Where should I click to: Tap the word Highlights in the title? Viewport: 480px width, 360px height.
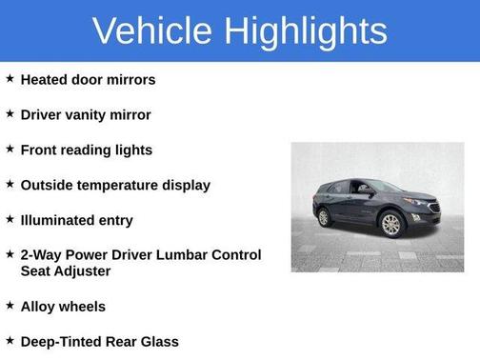(306, 31)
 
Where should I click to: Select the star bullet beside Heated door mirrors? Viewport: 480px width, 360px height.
(10, 79)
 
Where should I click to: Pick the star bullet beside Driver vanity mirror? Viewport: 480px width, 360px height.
(10, 114)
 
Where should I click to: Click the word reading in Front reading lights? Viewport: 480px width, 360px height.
(93, 150)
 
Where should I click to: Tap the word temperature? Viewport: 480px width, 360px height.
(123, 186)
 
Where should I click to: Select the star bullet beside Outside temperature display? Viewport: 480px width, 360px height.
(10, 185)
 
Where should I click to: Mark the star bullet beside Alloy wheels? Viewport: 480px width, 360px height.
(10, 306)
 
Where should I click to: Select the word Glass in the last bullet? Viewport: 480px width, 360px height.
(158, 342)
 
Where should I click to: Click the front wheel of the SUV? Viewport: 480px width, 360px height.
(390, 226)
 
